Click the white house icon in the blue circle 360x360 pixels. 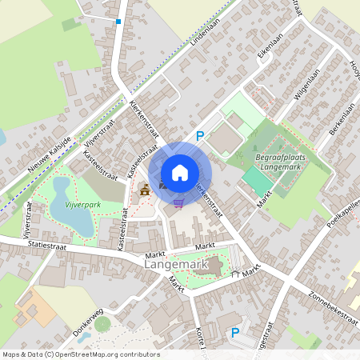[x=179, y=173]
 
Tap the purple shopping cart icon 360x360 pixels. [x=178, y=202]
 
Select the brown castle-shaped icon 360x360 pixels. [x=144, y=190]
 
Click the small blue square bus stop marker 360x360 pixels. [x=118, y=22]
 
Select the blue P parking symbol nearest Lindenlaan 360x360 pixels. [x=200, y=136]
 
